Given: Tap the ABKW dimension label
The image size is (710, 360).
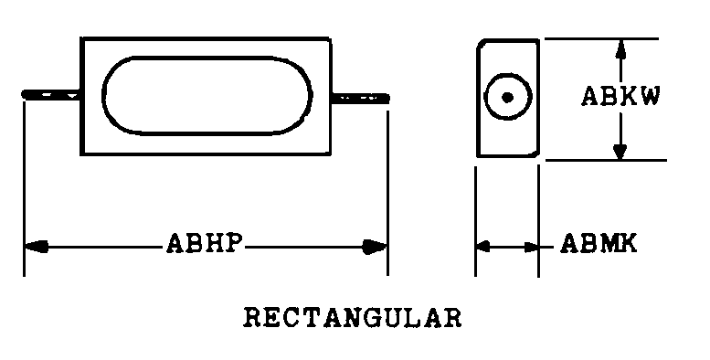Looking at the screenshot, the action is (620, 96).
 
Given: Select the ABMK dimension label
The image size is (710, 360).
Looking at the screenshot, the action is (599, 244).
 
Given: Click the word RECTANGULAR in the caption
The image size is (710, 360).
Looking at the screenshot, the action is (353, 317).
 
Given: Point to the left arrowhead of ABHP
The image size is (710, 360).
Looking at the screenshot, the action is (37, 247).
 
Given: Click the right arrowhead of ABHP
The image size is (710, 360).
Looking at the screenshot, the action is (375, 248).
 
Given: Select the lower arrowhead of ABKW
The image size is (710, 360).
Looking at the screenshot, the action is (620, 150).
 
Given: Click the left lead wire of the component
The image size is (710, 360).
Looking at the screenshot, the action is (51, 95).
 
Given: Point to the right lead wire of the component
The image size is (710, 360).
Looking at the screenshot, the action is (360, 98).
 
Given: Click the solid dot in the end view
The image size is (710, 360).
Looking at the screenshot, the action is (507, 98).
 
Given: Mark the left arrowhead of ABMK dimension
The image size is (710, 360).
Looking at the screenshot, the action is (482, 248).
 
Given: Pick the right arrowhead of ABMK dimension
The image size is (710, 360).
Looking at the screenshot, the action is (531, 248).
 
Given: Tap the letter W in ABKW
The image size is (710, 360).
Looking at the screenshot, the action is (650, 96).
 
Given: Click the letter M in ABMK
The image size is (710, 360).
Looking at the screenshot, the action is (609, 244).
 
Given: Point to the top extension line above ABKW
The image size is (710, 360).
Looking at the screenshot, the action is (601, 38).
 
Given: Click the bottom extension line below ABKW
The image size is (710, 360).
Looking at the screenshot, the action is (606, 160).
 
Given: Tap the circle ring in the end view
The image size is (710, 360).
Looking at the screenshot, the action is (507, 74).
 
